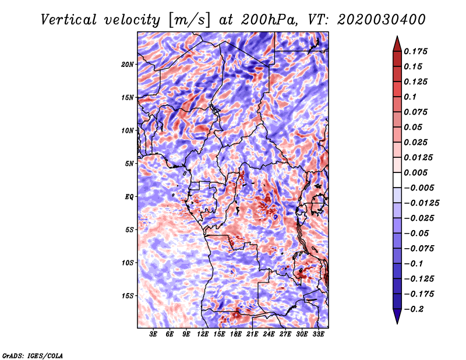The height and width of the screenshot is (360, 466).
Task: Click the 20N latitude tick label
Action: (x=128, y=64)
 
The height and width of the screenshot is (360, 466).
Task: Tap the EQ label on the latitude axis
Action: (x=129, y=197)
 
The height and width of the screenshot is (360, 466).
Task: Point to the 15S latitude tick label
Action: (x=128, y=296)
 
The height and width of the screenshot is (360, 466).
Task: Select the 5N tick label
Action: (x=129, y=164)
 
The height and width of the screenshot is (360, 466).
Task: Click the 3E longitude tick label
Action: (x=153, y=334)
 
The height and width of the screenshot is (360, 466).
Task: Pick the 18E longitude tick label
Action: (x=236, y=334)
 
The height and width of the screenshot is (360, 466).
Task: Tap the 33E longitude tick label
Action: (x=318, y=334)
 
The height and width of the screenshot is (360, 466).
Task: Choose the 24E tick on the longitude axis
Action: (x=269, y=334)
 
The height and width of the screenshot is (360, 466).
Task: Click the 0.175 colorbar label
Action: (x=415, y=51)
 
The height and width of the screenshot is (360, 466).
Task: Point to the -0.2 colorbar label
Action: (x=414, y=309)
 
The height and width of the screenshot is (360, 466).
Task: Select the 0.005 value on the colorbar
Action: (x=415, y=172)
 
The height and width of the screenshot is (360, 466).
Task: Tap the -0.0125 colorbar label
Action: (x=421, y=203)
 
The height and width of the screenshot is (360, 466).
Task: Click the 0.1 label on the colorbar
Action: (x=410, y=97)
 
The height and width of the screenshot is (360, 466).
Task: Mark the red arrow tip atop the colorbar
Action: (x=397, y=36)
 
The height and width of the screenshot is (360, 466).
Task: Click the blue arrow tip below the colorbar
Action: (x=397, y=323)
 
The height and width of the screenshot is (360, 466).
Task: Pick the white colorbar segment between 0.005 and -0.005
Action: (x=397, y=180)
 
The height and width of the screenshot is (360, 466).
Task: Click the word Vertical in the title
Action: (x=69, y=20)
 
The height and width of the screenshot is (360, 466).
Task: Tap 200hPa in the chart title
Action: (x=269, y=20)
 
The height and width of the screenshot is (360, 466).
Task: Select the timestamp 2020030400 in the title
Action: (x=382, y=20)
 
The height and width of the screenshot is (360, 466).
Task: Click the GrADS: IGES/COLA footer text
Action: (x=33, y=355)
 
